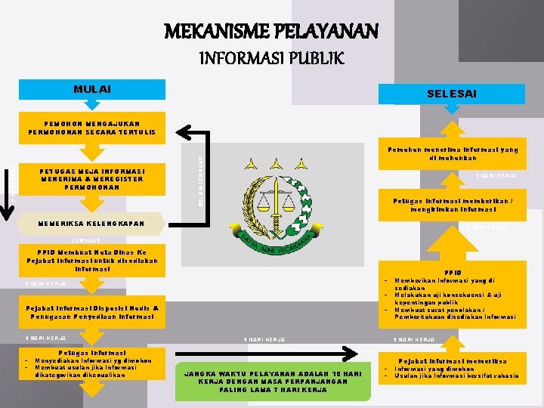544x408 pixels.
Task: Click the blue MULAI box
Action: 91,90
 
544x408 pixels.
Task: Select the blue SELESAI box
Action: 451,94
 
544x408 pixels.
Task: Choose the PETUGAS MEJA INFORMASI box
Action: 91,178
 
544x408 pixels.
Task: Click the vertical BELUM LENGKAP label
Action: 201,182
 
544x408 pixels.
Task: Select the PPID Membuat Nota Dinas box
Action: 91,259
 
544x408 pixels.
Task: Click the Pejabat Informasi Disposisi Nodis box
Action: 91,312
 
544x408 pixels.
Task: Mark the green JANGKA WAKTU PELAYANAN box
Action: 274,381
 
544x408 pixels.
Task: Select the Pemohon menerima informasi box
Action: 452,154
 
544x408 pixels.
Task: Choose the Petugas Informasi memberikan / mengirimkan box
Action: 452,205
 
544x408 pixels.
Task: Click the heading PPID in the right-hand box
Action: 452,273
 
